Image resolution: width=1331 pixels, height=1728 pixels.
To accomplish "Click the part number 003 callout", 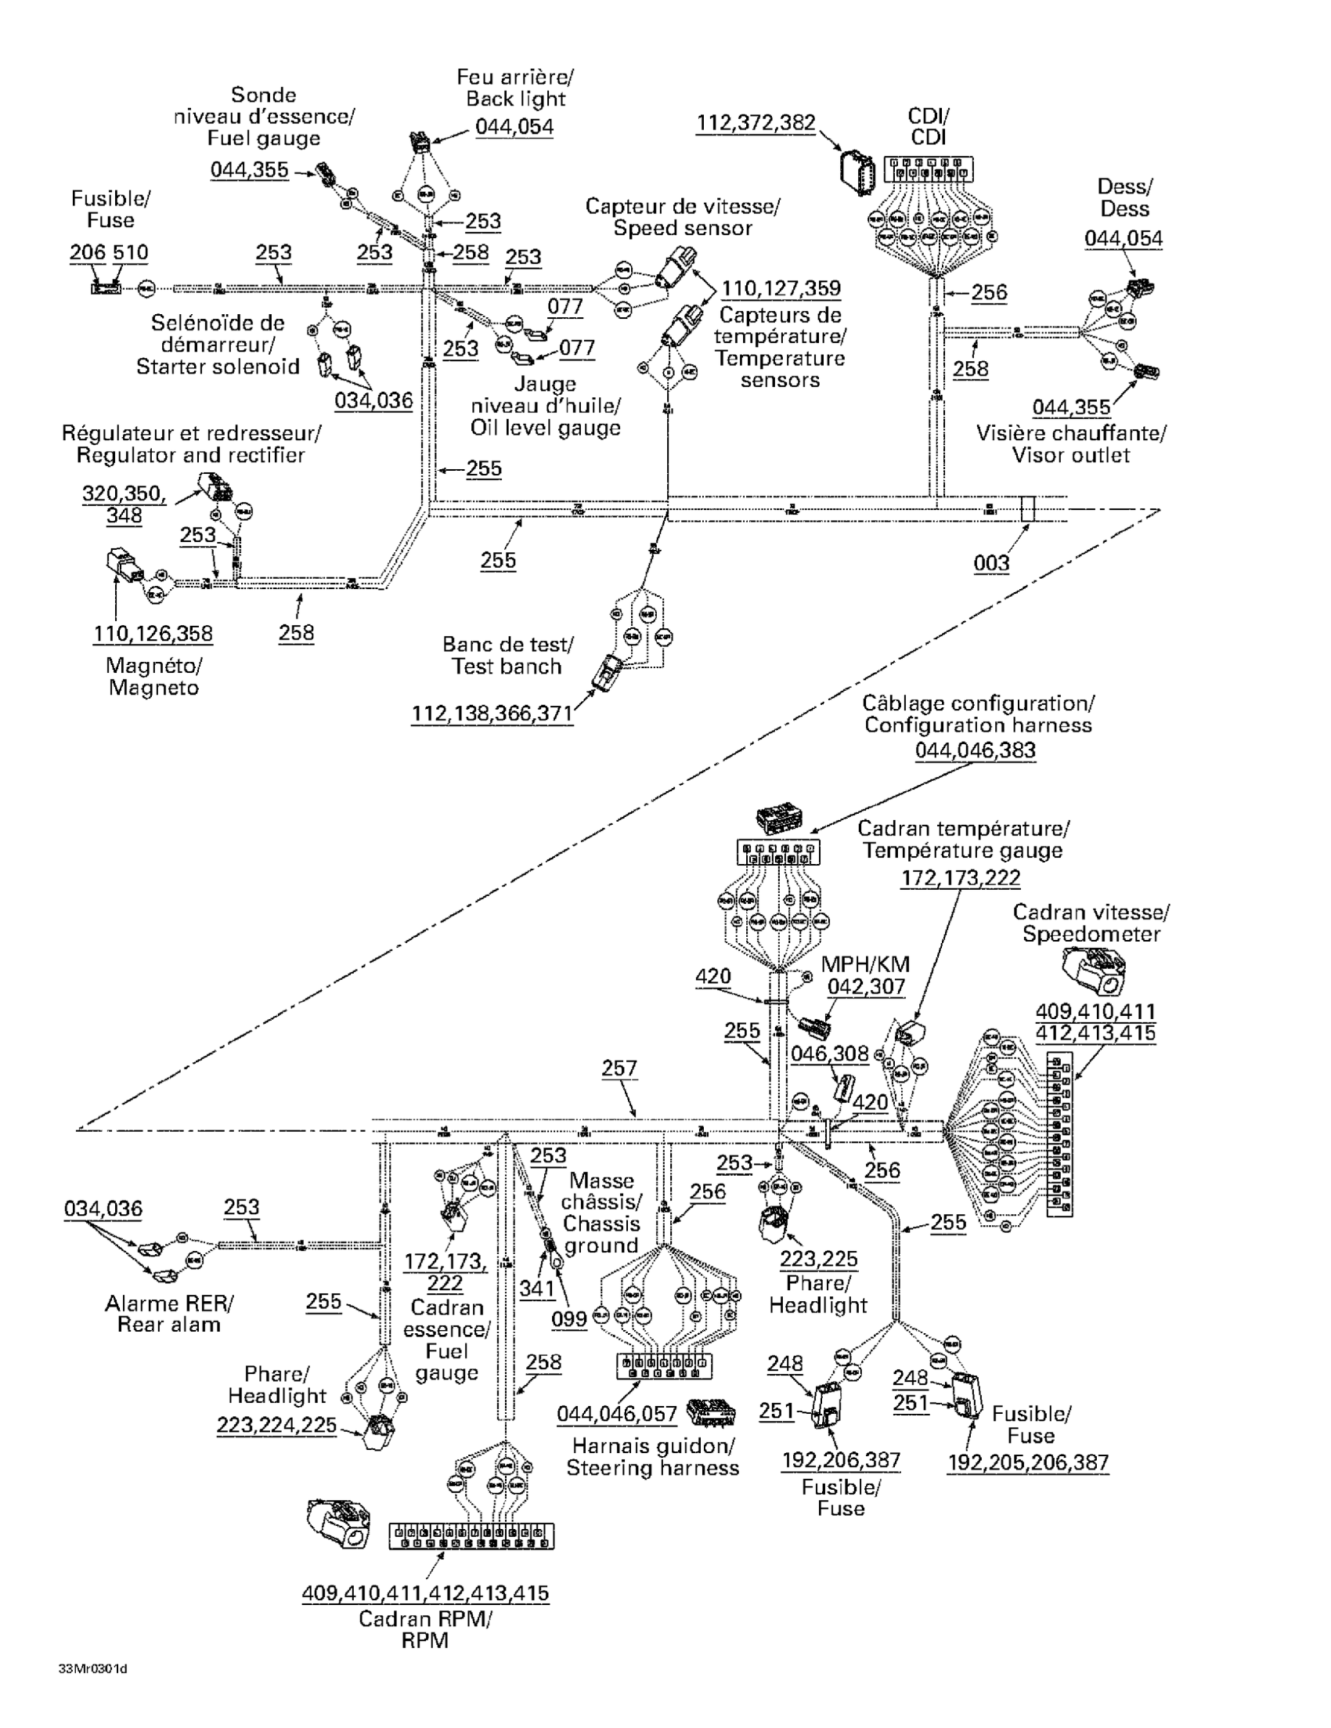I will (991, 562).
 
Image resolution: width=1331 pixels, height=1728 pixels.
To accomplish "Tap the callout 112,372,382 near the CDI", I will (756, 123).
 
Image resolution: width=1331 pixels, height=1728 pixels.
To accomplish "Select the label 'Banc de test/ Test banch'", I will (507, 655).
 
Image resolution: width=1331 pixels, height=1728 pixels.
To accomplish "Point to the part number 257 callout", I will (619, 1068).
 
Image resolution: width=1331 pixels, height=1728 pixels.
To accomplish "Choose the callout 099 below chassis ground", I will (569, 1318).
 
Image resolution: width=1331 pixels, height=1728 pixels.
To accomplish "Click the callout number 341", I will (537, 1288).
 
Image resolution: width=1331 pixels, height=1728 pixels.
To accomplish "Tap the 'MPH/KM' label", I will (865, 964).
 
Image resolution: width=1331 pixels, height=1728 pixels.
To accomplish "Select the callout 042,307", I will (866, 987).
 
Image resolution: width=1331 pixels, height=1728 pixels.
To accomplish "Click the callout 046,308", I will (830, 1053).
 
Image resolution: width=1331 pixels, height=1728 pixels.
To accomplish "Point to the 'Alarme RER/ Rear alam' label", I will (169, 1314).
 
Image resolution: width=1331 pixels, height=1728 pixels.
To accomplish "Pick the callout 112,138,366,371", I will (492, 714).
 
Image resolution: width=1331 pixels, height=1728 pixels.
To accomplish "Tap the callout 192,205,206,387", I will (1028, 1462).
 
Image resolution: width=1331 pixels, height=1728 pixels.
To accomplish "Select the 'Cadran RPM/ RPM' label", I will (424, 1629).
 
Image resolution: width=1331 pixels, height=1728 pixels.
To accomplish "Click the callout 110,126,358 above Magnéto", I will (153, 634).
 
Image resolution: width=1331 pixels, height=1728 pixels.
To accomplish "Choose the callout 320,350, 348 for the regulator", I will (124, 504).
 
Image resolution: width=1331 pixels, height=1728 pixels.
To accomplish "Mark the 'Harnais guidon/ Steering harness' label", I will (652, 1457).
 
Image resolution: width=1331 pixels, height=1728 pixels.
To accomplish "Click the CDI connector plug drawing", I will (857, 172).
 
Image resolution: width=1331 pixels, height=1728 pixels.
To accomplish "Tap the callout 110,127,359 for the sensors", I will (781, 288).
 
